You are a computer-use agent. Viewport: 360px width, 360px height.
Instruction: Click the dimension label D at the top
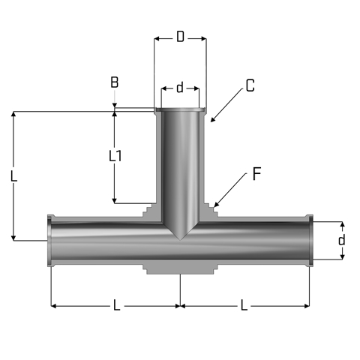point(180,37)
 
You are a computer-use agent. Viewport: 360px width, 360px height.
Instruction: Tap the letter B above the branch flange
point(115,82)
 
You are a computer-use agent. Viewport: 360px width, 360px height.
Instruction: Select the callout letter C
point(250,85)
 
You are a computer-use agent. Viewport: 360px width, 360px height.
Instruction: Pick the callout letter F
point(256,174)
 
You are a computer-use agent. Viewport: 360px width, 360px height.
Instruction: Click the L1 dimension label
point(115,156)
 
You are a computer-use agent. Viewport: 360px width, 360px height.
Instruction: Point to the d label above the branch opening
point(180,88)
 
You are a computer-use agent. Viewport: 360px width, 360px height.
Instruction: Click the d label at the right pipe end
point(341,240)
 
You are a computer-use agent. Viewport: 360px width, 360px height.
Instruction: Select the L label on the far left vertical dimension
point(14,176)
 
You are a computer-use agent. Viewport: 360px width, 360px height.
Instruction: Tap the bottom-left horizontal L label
point(117,305)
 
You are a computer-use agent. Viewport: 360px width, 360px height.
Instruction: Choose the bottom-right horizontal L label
point(244,305)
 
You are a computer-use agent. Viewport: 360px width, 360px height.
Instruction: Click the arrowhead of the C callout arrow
point(212,120)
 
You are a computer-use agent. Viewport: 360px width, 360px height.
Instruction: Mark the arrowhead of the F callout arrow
point(216,205)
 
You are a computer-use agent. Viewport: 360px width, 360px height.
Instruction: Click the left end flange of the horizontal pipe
point(49,241)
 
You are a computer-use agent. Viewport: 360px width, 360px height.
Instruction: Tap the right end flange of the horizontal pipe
point(310,241)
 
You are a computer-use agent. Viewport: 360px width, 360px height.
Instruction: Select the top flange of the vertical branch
point(180,109)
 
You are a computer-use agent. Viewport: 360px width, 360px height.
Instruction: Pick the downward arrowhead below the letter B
point(115,106)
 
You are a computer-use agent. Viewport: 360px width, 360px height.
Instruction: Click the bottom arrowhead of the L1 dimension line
point(115,200)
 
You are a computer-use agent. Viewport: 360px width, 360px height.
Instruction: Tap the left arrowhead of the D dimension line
point(157,39)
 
